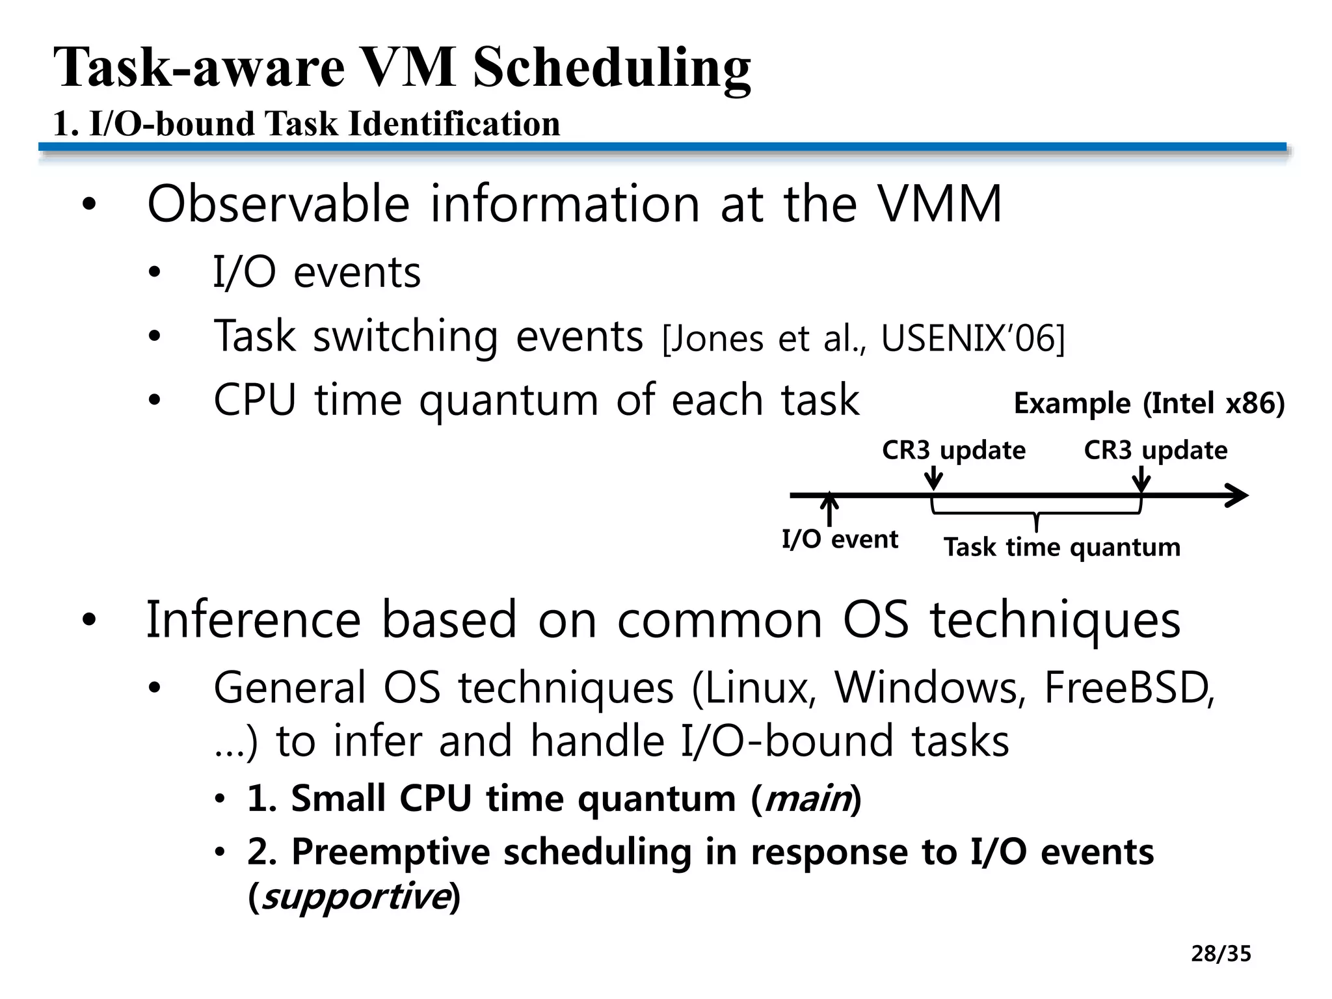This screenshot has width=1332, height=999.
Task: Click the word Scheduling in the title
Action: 611,68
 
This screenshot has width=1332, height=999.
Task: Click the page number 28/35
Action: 1221,954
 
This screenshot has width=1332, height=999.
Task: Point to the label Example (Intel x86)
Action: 1149,403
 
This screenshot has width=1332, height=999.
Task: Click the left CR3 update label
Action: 953,450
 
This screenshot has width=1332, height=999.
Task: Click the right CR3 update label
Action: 1155,450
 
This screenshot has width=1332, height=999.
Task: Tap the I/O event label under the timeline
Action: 839,539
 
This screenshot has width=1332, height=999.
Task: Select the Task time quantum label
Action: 1061,547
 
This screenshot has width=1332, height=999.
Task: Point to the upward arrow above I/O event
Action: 829,509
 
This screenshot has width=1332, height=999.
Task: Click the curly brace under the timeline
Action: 1036,514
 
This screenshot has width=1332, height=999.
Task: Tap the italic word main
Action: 806,799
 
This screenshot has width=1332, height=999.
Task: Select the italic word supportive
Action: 354,898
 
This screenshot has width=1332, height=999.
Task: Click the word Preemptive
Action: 390,852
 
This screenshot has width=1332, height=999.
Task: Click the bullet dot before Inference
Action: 88,620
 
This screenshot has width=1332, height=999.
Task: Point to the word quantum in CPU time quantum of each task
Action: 508,401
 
